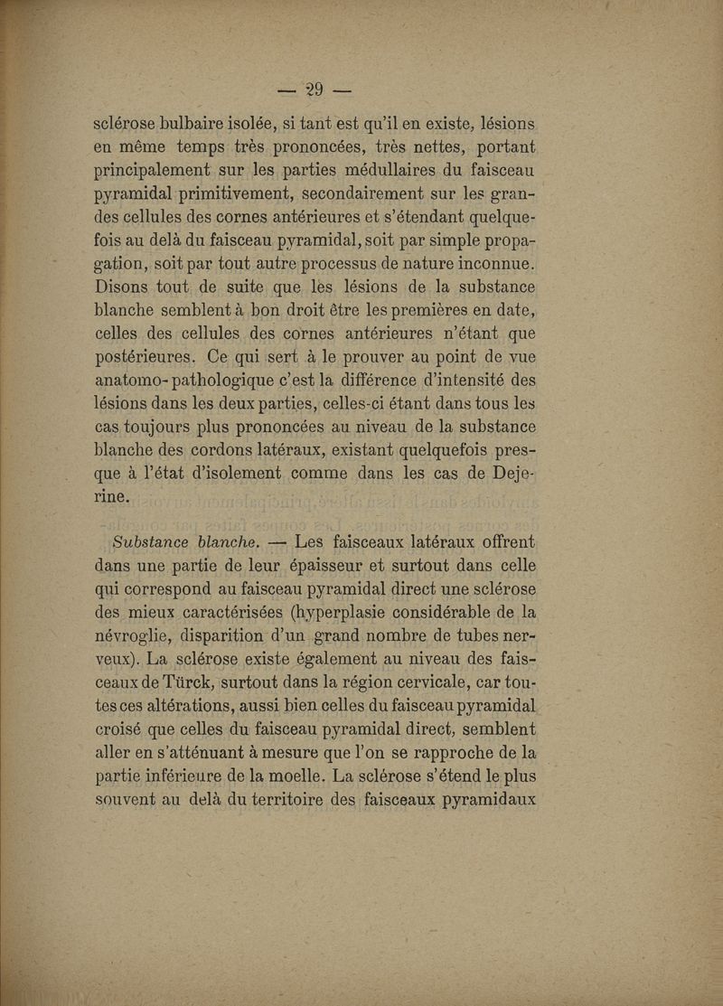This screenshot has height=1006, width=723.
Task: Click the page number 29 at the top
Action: tap(314, 89)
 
